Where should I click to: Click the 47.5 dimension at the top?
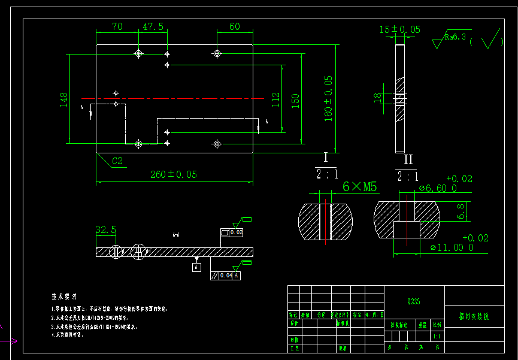point(153,27)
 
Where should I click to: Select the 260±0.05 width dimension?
point(173,174)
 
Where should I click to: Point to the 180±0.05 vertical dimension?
point(328,98)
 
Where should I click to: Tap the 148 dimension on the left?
point(63,99)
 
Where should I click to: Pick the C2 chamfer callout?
point(117,161)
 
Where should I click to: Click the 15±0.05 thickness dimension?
point(399,29)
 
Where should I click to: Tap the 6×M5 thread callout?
point(359,187)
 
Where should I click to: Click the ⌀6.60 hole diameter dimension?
point(437,187)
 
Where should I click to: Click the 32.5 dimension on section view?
point(105,229)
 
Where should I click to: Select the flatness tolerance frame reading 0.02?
point(232,232)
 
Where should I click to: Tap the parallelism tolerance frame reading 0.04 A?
point(225,276)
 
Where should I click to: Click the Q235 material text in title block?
point(414,302)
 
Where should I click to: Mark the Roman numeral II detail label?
point(408,159)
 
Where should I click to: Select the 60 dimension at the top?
point(234,27)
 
